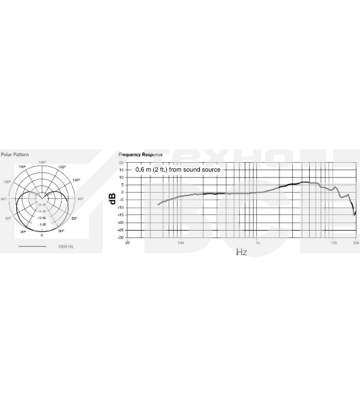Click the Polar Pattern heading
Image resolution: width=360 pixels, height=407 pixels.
coord(15,155)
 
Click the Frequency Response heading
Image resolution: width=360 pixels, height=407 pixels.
coord(140,155)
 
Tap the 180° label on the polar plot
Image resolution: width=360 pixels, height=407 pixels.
coord(42,162)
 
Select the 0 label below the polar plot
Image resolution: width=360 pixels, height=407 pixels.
coord(41,235)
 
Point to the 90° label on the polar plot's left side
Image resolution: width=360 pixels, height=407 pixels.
coord(3,199)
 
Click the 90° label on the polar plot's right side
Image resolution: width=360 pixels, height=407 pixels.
coord(80,199)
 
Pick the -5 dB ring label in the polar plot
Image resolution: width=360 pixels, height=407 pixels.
coord(42,223)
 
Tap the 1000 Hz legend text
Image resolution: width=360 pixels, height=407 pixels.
coord(65,246)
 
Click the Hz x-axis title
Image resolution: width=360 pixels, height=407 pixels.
coord(241,252)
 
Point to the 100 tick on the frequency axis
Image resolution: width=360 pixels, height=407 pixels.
coord(180,242)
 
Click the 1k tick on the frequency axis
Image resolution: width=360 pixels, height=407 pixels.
coord(257,242)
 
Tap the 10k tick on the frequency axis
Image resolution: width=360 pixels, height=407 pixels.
coord(334,242)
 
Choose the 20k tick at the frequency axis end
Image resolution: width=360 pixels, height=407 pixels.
coord(356,242)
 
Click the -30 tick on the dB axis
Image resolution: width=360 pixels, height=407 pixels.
coord(121,238)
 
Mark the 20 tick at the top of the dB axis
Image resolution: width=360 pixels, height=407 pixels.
coord(122,163)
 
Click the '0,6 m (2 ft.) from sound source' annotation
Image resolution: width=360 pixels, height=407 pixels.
coord(178,170)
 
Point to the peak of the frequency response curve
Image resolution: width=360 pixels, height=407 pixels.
coord(305,182)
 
